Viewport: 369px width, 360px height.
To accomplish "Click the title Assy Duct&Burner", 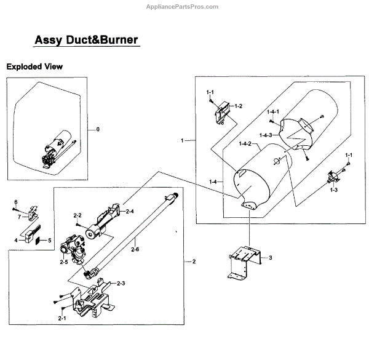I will point(85,41).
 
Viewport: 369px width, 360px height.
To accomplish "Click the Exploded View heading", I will point(34,66).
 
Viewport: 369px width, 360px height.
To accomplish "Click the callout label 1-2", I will point(237,106).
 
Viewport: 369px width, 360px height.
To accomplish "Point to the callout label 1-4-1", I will point(273,111).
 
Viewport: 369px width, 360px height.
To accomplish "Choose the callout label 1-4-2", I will point(246,144).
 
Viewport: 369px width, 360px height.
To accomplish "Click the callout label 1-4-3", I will point(266,135).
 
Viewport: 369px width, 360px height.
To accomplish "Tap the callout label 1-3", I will point(334,190).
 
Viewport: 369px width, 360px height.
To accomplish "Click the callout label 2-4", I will point(130,211).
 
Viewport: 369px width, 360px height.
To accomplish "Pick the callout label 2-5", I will point(64,262).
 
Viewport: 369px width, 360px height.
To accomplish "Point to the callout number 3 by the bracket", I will point(269,257).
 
